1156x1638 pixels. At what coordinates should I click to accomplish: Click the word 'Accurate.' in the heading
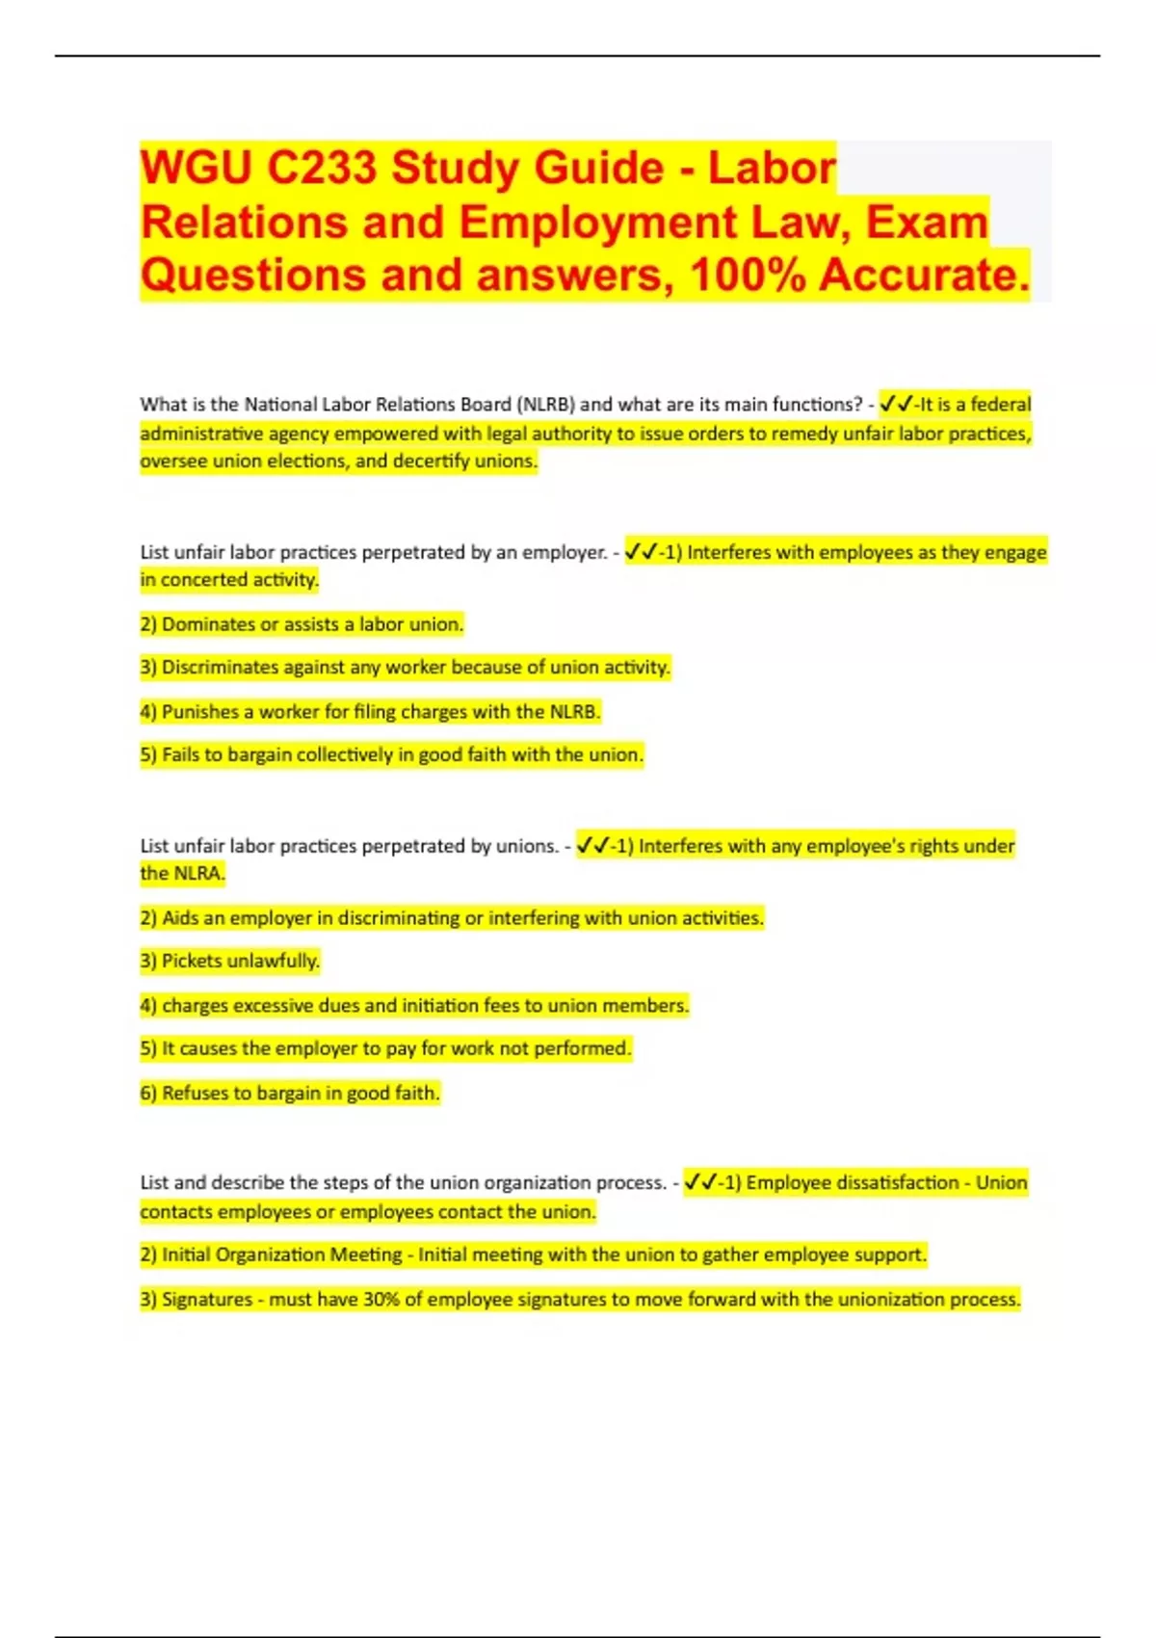pos(925,275)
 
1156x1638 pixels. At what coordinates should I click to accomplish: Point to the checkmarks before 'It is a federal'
pos(896,404)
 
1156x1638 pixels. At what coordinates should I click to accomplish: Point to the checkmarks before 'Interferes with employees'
pos(642,552)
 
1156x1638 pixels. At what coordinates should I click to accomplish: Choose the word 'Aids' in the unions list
pos(180,917)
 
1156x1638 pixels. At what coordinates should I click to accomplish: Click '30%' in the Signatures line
pos(381,1299)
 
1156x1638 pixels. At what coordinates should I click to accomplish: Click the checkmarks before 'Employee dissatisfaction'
pos(700,1182)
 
